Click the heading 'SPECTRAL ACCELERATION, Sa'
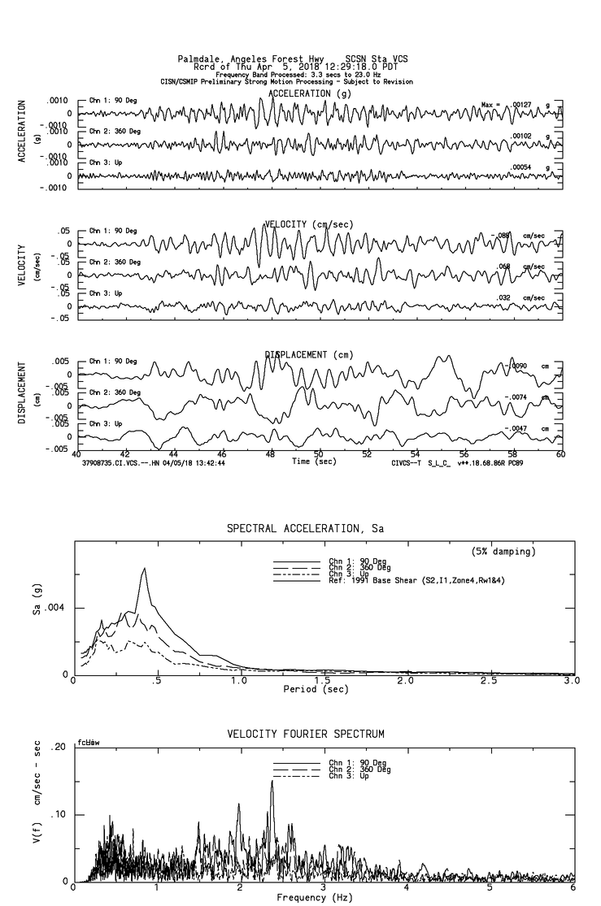click(305, 529)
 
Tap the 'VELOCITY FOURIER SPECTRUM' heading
click(305, 735)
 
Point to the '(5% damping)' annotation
click(503, 552)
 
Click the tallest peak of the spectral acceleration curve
click(144, 569)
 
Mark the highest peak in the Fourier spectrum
click(272, 782)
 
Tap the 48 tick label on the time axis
click(271, 453)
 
